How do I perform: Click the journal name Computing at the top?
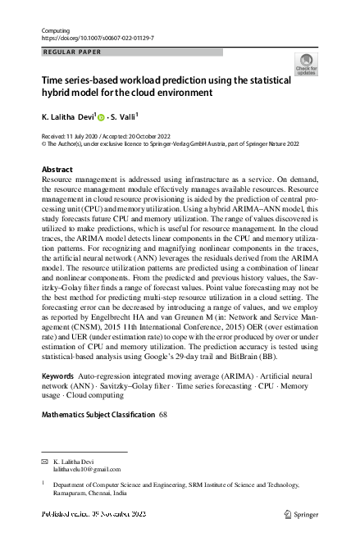[x=55, y=30]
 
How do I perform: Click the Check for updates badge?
[x=307, y=65]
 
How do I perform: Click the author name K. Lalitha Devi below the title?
[x=68, y=117]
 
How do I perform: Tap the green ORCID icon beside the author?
[x=102, y=118]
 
